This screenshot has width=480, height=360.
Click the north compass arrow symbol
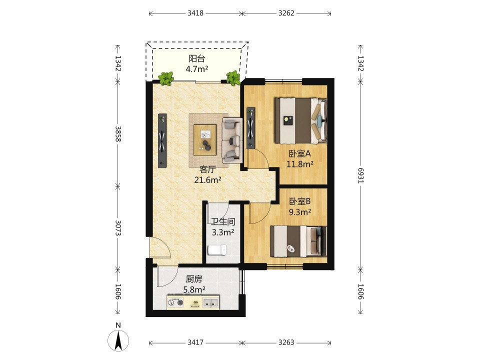coord(118,340)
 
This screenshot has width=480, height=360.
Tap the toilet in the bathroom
coord(217,250)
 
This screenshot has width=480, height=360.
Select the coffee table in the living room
coord(205,140)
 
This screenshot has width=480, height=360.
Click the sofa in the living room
coord(232,140)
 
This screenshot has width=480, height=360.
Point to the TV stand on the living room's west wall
coord(162,140)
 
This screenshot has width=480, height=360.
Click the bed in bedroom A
coord(300,120)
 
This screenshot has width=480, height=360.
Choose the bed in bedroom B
coord(298,241)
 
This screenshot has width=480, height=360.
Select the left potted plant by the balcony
coord(166,78)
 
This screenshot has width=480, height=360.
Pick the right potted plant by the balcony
coord(233,78)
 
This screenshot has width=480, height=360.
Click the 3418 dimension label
coord(195,13)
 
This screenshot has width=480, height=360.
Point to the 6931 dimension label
coord(360,175)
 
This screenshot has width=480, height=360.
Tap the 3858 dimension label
coord(118,134)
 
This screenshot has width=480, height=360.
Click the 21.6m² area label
coord(207,180)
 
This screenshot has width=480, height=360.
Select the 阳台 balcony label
coord(196,58)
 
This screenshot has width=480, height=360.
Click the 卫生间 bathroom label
coord(223,221)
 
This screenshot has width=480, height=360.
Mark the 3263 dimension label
coord(286,342)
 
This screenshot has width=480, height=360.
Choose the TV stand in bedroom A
coord(250,128)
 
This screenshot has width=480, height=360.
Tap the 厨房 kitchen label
coord(194,279)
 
